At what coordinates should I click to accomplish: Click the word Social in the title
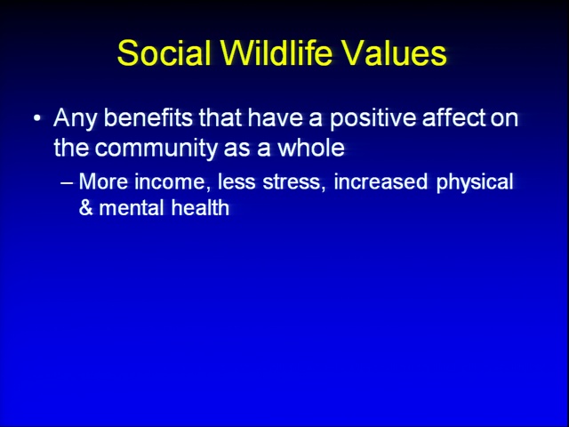point(164,53)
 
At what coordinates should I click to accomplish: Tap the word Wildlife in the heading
point(276,52)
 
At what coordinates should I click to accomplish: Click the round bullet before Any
point(37,118)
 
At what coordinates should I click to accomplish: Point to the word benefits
point(148,117)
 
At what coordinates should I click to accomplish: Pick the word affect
point(454,117)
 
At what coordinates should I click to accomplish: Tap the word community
point(156,149)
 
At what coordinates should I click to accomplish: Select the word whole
point(311,148)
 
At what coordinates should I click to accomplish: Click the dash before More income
point(67,182)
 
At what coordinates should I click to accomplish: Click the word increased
point(381,181)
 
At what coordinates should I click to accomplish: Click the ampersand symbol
point(85,208)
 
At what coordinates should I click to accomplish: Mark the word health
point(200,207)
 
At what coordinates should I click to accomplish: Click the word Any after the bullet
point(76,119)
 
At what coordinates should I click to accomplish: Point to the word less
point(236,181)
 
